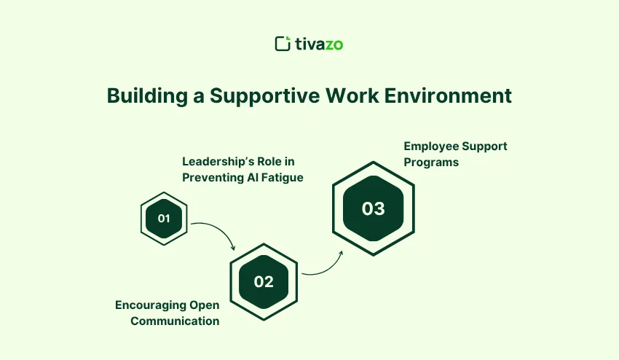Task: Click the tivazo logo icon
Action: (x=283, y=44)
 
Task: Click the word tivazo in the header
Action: (x=318, y=44)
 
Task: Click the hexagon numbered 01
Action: (x=164, y=218)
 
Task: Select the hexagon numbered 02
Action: (x=264, y=281)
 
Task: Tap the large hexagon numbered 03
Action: (x=373, y=208)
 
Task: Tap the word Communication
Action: (x=175, y=321)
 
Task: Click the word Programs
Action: (x=431, y=162)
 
